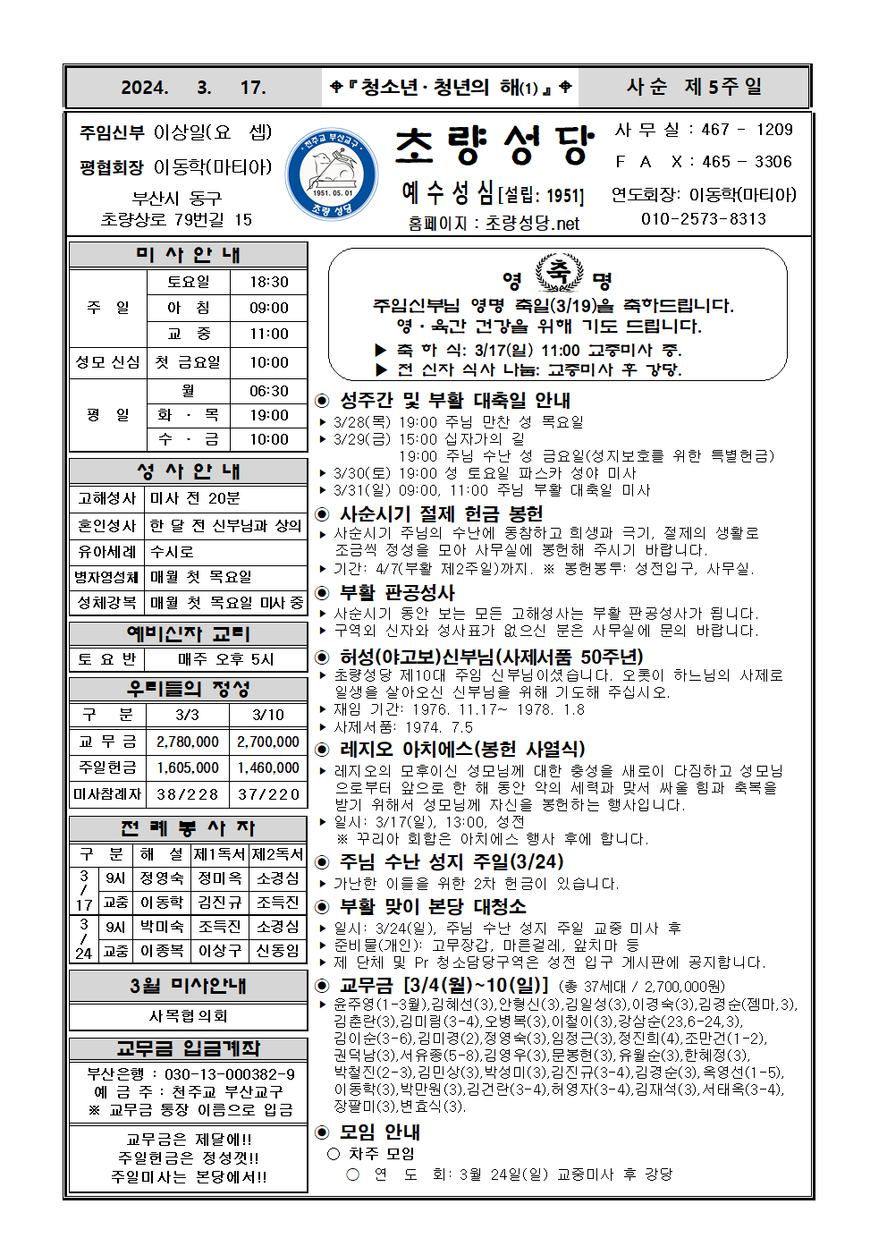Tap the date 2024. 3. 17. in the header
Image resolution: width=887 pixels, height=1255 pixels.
point(193,88)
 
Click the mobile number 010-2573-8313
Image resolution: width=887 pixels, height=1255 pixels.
point(703,219)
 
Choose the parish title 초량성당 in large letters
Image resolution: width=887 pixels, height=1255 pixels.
point(494,145)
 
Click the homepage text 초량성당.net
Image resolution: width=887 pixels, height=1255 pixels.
point(532,224)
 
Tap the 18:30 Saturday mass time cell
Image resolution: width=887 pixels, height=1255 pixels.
point(268,282)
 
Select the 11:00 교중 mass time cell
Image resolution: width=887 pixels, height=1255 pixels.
point(268,334)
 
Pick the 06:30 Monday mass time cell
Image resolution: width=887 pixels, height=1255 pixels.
point(268,391)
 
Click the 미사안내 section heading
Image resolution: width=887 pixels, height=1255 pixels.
point(188,255)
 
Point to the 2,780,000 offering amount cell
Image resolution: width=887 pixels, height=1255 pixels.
point(188,742)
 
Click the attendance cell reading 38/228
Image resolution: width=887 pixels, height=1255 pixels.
point(188,793)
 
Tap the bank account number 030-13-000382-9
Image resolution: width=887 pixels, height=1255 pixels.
point(230,1073)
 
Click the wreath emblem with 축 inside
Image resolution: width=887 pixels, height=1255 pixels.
point(558,272)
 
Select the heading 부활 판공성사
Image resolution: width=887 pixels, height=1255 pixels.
point(397,593)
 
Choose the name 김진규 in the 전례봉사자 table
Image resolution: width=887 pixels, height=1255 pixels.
point(220,903)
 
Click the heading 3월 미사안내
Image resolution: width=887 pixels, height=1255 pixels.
point(188,986)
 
